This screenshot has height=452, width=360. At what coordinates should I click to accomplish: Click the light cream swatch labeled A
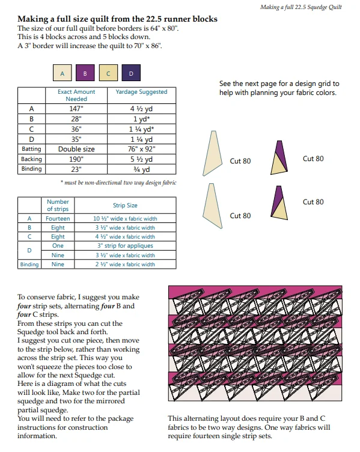(x=63, y=73)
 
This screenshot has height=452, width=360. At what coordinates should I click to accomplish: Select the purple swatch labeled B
(x=85, y=73)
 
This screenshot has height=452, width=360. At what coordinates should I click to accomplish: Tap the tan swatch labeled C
(x=108, y=73)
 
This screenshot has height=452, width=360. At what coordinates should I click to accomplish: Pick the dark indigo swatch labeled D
(x=131, y=73)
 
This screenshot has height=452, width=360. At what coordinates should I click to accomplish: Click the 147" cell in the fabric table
(x=76, y=109)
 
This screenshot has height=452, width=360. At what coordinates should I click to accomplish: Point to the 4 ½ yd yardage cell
(x=141, y=109)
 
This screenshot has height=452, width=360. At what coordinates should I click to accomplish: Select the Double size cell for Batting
(x=76, y=149)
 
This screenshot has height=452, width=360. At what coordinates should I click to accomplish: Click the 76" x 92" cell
(x=141, y=149)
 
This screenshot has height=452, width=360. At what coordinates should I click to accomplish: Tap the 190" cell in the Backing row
(x=76, y=159)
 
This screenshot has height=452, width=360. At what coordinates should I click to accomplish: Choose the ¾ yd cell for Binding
(x=141, y=169)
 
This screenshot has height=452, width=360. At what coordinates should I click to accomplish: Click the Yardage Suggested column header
(x=141, y=92)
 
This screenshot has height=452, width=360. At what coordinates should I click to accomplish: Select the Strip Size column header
(x=125, y=205)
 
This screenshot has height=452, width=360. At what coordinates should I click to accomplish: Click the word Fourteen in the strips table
(x=58, y=219)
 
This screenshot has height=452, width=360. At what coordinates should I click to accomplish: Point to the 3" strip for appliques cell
(x=125, y=246)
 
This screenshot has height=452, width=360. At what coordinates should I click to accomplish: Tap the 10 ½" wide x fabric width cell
(x=125, y=219)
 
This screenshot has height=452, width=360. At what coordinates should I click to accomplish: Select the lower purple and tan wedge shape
(x=279, y=203)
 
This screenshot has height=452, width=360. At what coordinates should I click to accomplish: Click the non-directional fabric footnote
(x=118, y=183)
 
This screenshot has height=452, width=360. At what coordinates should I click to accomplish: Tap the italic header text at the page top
(x=301, y=7)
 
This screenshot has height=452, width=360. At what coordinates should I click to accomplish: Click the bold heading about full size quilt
(x=117, y=19)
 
